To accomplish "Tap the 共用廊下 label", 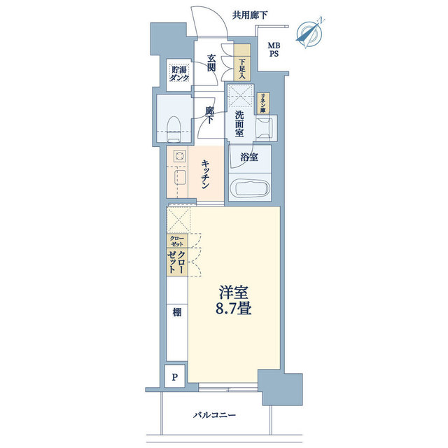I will coord(251,14).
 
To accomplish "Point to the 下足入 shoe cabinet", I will coord(241,62).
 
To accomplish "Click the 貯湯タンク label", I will coord(178,74).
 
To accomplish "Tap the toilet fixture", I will coord(175,126).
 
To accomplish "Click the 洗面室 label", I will coord(239,125).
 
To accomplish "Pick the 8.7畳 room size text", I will coord(234,308).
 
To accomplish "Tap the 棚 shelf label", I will coord(176,312).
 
